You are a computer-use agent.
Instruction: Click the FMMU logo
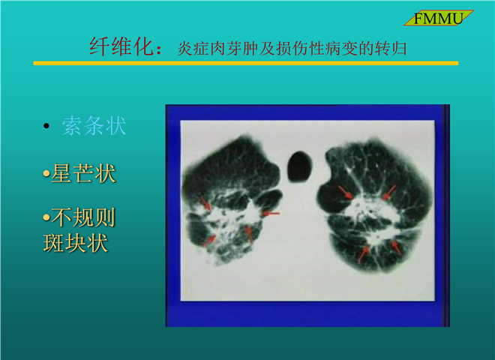coord(439,18)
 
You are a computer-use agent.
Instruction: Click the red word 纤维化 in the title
coord(121,46)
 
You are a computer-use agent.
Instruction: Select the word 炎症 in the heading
coord(193,49)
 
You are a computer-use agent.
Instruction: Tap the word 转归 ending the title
coord(391,49)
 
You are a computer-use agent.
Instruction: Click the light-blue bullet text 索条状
coord(94,126)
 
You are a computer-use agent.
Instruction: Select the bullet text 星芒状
coord(83,173)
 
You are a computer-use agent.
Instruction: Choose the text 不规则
coord(83,217)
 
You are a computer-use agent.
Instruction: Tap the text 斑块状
coord(76,243)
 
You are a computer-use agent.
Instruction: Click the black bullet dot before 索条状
coord(46,126)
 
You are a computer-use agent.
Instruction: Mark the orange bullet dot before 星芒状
coord(46,173)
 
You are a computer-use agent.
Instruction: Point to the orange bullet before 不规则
coord(46,217)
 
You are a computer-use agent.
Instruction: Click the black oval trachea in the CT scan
coord(299,166)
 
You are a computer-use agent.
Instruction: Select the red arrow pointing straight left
coord(271,214)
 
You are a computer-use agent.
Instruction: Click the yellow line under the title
coord(245,63)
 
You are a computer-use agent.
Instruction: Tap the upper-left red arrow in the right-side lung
coord(346,193)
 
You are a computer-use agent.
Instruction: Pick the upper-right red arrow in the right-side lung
coord(389,193)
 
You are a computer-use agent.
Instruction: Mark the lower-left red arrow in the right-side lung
coord(363,254)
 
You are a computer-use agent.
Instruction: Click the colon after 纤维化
coord(160,50)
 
